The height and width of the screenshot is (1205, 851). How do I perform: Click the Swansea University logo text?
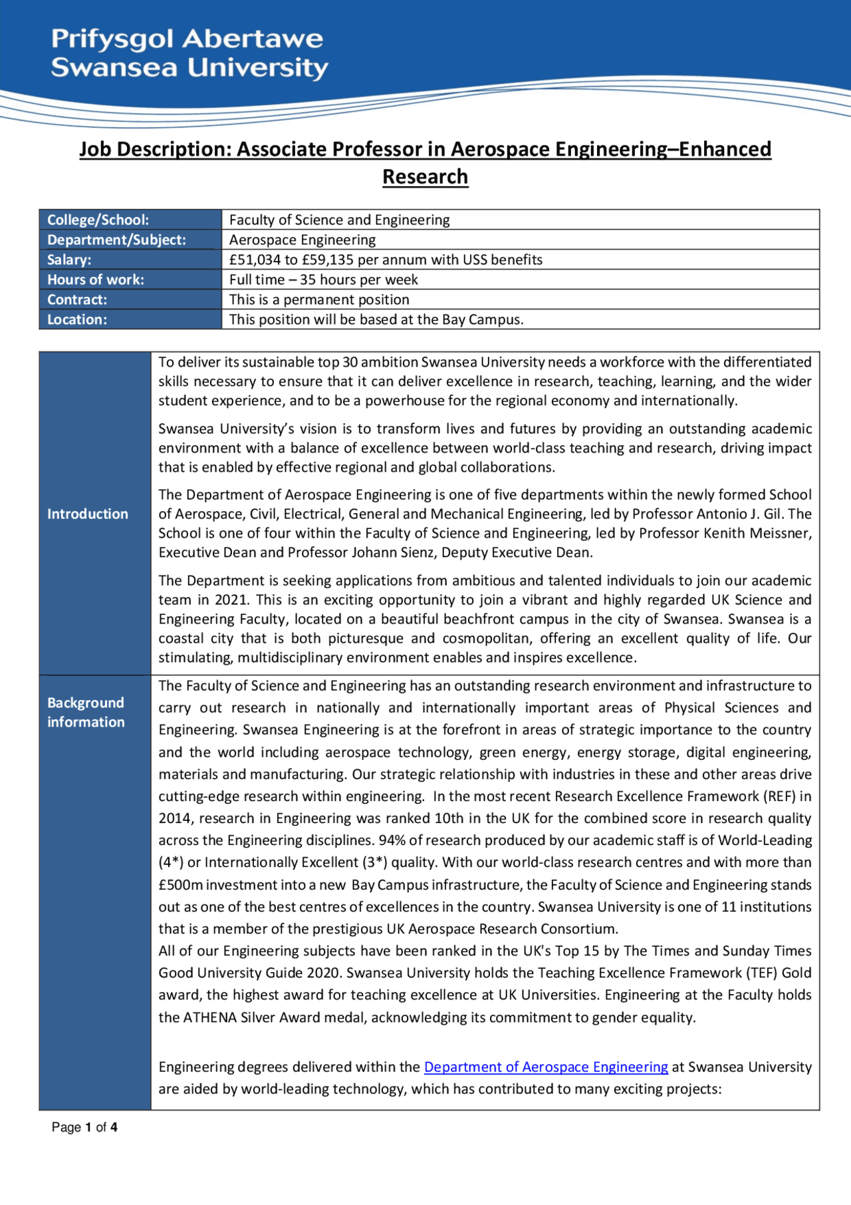(x=189, y=53)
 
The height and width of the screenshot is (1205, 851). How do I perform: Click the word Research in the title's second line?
(x=425, y=177)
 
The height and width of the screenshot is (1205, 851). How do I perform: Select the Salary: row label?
(x=69, y=259)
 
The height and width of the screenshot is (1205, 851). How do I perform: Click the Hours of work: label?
(x=96, y=279)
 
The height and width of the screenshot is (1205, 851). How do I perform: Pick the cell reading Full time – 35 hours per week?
(x=324, y=279)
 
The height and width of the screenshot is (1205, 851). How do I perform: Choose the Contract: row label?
(x=77, y=299)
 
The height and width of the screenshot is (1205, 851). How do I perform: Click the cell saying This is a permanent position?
(x=319, y=299)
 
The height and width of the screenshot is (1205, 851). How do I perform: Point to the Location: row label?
(x=77, y=319)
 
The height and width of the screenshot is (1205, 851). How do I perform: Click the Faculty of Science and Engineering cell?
(x=339, y=220)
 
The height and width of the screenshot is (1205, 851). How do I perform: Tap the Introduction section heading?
(x=88, y=514)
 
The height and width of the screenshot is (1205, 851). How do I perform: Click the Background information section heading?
(x=86, y=712)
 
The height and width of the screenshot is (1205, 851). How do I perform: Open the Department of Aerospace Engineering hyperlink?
(x=546, y=1067)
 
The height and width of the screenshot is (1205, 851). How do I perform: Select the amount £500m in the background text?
(x=180, y=885)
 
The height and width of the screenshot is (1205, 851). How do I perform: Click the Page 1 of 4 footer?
(x=84, y=1127)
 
